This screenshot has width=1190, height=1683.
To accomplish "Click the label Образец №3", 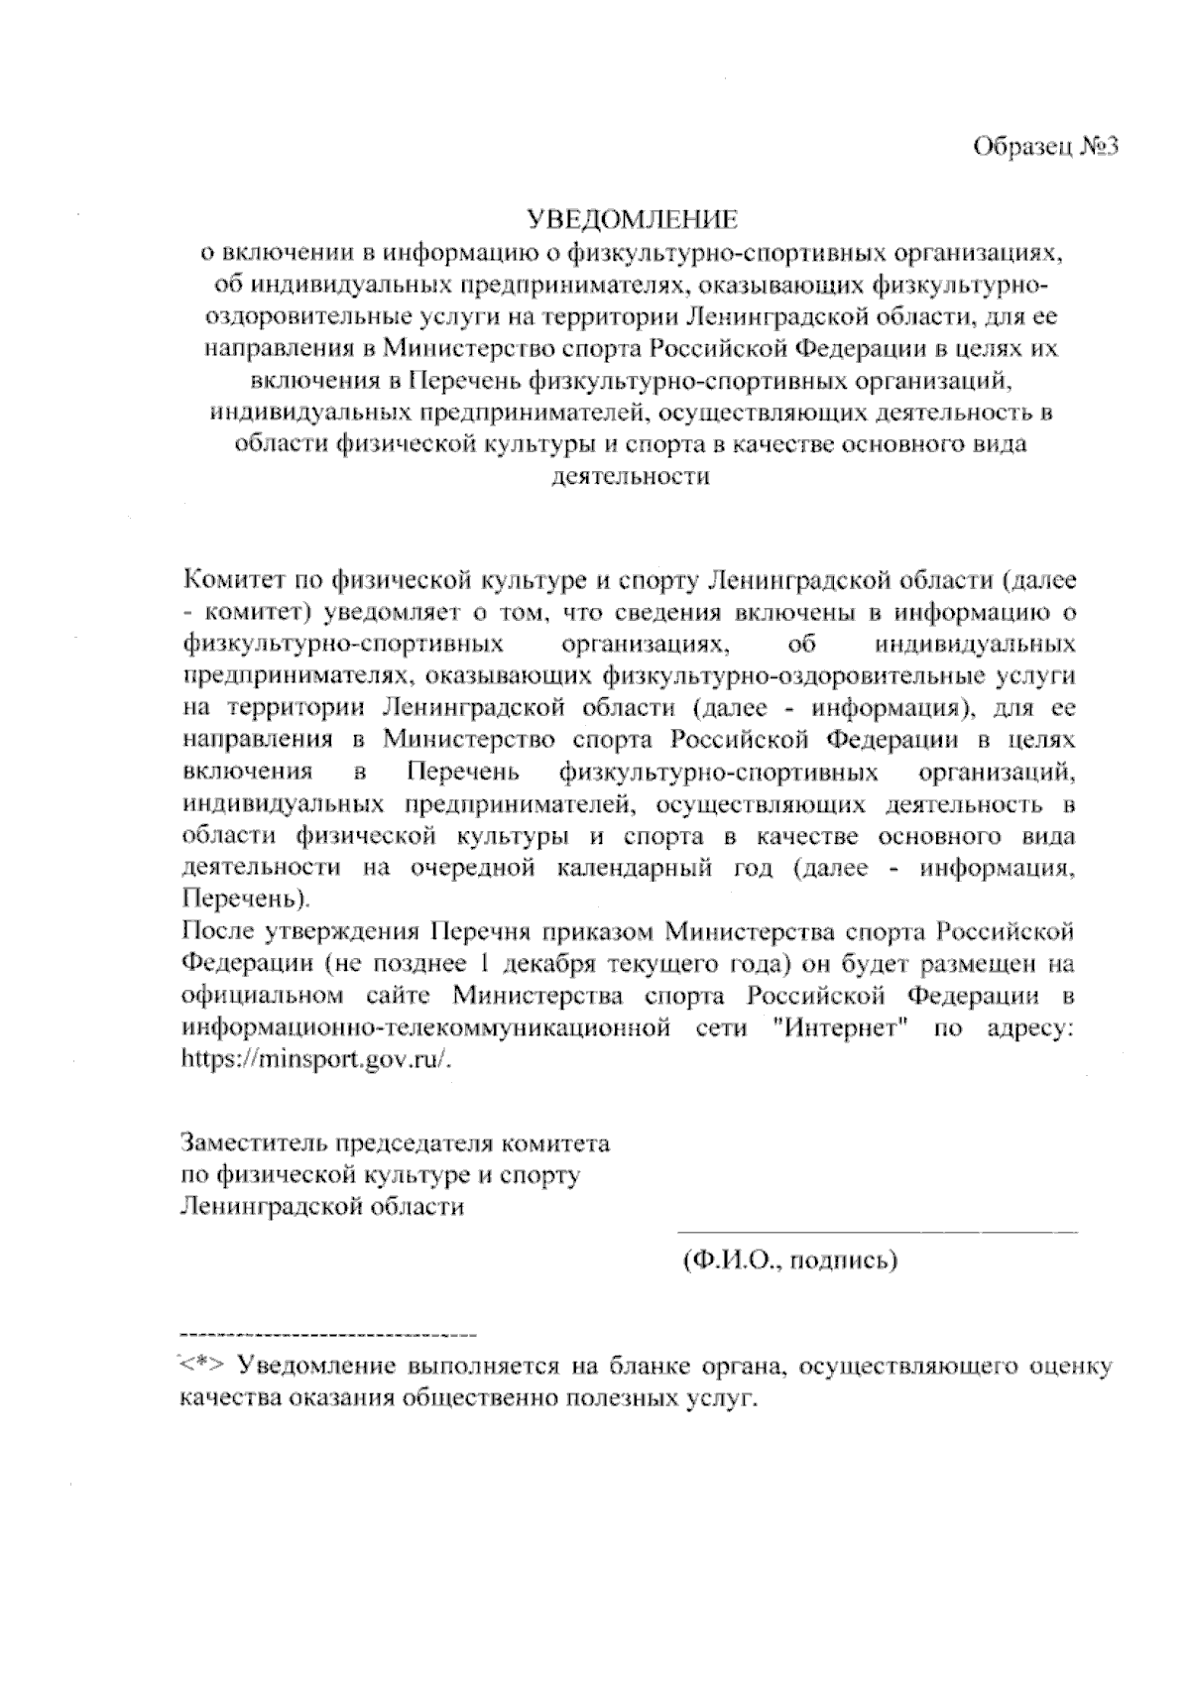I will coord(1045,147).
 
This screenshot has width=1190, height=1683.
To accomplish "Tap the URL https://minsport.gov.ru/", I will coord(317,1058).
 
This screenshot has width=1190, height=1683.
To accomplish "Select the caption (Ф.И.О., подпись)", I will coord(789,1261).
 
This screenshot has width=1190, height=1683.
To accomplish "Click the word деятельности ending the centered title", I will coord(631,476).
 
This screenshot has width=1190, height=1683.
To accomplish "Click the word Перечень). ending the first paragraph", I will coord(246,901).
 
